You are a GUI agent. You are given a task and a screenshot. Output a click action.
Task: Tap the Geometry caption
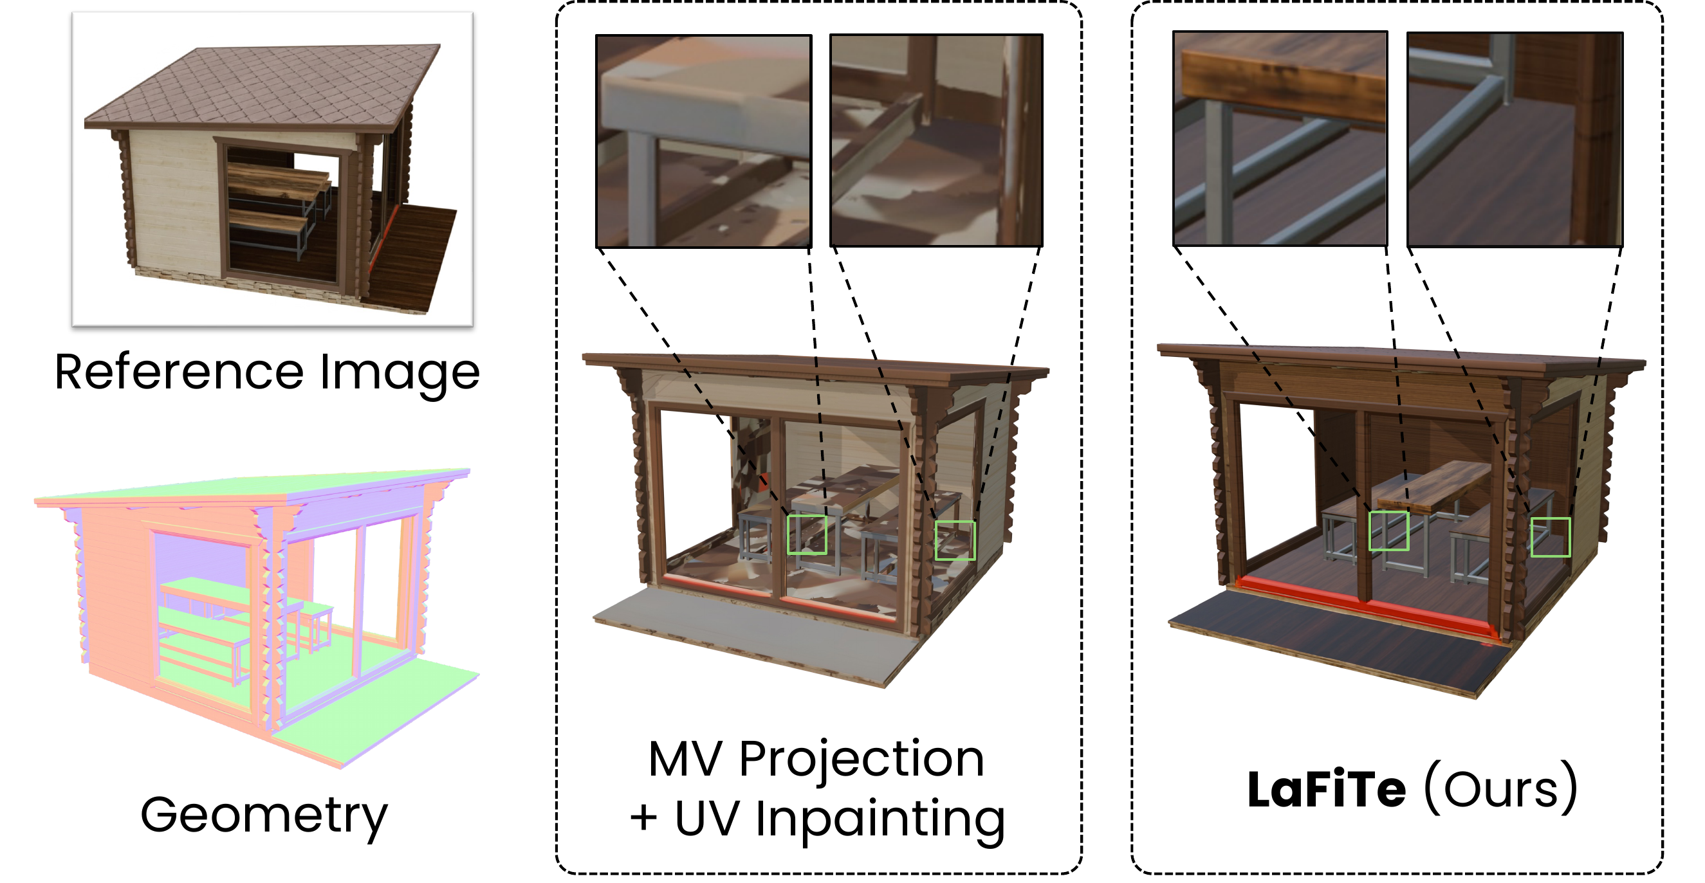263,815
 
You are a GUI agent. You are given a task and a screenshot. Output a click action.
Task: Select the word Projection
861,761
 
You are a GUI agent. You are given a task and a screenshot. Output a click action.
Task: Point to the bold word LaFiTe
1327,790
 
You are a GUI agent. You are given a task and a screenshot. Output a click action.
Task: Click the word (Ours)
1500,790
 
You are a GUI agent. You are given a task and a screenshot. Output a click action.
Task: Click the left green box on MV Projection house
807,534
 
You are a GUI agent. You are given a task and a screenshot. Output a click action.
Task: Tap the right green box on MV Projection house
954,540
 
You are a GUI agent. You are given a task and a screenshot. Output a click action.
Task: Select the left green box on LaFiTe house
1388,531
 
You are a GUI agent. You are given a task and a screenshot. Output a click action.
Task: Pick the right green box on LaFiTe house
1550,537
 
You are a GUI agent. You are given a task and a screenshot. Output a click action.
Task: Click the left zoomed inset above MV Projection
704,141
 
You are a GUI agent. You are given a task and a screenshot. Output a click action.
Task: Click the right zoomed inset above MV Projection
937,141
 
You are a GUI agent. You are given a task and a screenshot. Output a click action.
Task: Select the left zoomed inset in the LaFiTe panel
1280,139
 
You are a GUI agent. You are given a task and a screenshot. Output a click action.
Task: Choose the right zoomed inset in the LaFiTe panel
1515,140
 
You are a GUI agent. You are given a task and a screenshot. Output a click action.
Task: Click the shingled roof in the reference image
264,83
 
